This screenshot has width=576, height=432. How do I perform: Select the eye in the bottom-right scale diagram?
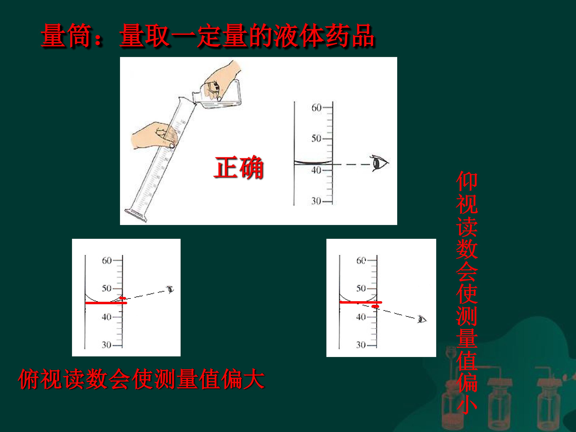click(422, 319)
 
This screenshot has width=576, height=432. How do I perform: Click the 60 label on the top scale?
click(316, 108)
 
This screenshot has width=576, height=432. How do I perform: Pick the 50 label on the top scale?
click(316, 138)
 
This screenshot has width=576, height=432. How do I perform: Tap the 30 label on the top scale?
click(316, 201)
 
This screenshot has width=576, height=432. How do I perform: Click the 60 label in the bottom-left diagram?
click(107, 260)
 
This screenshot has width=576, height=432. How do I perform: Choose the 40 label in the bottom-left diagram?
click(107, 317)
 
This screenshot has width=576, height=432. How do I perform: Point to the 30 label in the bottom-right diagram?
click(361, 345)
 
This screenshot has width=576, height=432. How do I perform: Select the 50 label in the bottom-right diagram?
click(361, 288)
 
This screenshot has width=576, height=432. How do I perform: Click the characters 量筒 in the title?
click(66, 35)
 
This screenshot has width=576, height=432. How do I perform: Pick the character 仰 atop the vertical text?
click(467, 181)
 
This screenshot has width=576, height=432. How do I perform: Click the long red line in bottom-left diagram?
click(106, 303)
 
